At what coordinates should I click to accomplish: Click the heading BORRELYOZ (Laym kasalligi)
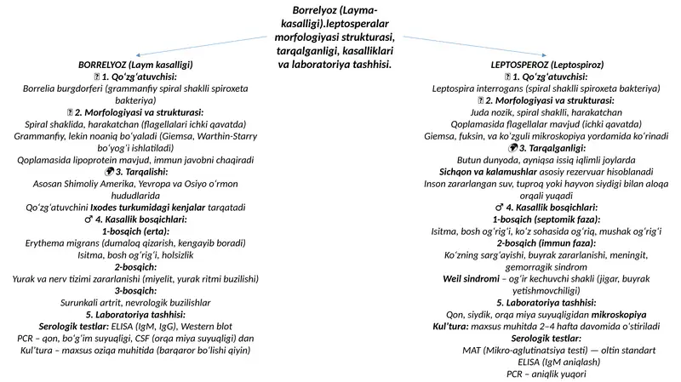coord(135,65)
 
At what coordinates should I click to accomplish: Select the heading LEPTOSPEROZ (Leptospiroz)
coord(547,65)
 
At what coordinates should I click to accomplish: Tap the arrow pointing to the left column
coord(202,46)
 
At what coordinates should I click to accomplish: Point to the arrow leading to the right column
coord(475,46)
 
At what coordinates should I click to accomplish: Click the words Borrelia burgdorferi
coord(63,88)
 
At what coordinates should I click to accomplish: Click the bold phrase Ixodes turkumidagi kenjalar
coord(147,208)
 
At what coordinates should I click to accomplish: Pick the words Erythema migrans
coord(62,243)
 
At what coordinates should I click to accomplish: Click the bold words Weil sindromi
coord(472,279)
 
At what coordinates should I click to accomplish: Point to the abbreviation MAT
coord(472,351)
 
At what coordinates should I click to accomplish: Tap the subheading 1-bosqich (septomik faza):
coord(547,220)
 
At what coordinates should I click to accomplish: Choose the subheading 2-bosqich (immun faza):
coord(547,243)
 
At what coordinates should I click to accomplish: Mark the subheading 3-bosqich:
coord(135,291)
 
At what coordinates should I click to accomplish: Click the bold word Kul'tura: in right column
coord(451,327)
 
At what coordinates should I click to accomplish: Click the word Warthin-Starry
coord(227,136)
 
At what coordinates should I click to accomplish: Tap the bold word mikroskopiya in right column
coord(619,315)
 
